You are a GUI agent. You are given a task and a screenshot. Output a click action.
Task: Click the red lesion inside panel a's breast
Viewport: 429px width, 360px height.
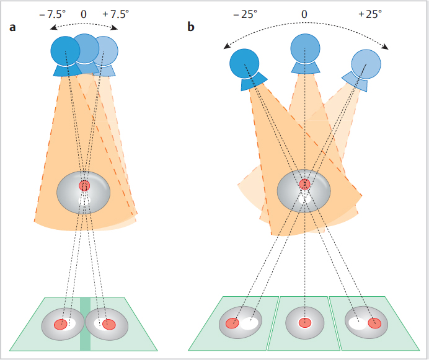point(84,186)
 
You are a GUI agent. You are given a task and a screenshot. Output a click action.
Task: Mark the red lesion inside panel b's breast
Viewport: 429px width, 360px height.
point(304,184)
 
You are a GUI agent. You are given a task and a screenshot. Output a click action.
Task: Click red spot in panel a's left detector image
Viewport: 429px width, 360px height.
point(60,324)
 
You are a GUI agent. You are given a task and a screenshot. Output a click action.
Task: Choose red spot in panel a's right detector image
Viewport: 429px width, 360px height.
point(109,324)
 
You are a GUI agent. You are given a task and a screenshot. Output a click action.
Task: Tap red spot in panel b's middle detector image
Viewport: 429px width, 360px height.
point(304,323)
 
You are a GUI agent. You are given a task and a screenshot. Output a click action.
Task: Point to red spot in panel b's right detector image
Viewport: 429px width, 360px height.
point(374,323)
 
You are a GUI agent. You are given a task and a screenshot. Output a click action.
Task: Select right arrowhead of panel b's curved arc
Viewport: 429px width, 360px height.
point(387,49)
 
